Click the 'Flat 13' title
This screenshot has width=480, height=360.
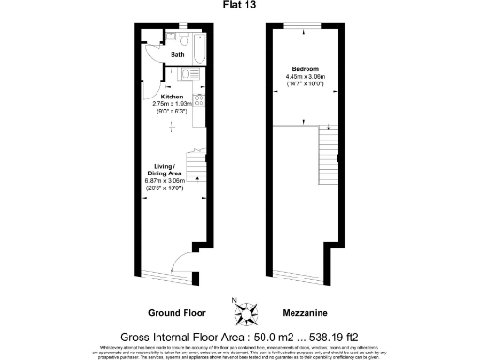240,5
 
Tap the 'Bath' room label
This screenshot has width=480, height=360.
176,55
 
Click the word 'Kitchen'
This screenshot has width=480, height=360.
172,96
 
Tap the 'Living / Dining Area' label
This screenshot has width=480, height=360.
169,171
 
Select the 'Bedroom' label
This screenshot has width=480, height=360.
305,69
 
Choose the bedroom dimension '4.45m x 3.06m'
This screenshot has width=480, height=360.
305,77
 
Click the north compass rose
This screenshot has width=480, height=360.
240,309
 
